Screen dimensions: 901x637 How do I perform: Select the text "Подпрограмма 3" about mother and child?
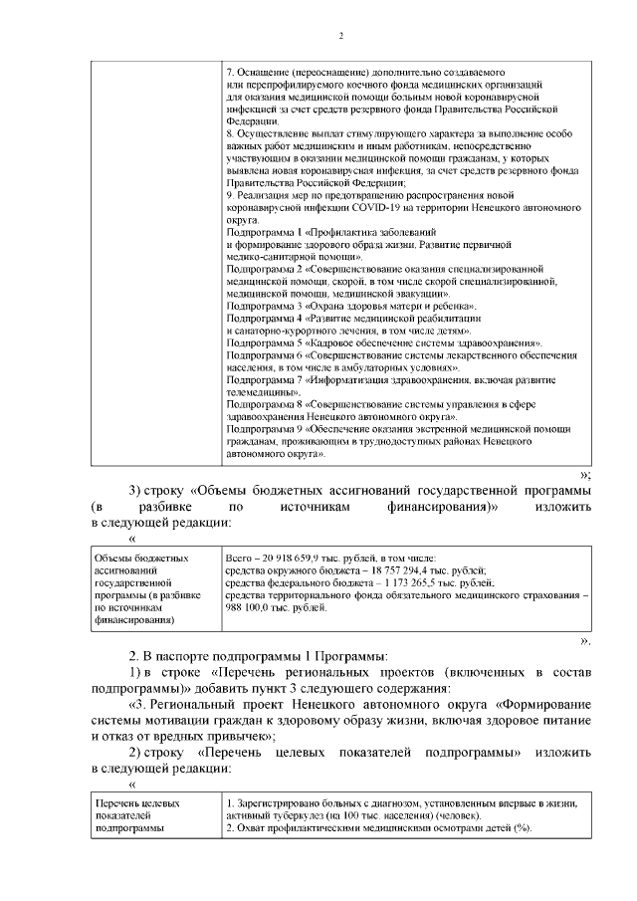point(262,307)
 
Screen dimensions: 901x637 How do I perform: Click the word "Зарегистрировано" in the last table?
point(278,803)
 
